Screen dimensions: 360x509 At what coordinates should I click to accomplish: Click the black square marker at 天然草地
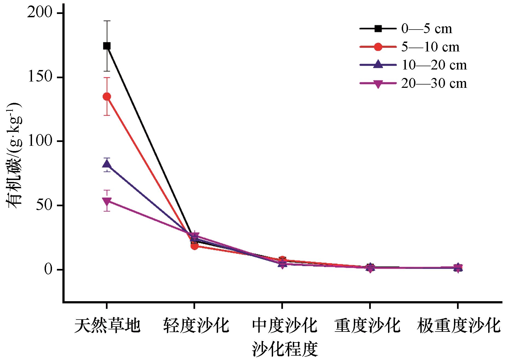(x=107, y=46)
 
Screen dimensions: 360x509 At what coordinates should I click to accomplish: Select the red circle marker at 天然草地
(x=107, y=97)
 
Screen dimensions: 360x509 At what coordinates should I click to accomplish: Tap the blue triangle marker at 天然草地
(x=107, y=164)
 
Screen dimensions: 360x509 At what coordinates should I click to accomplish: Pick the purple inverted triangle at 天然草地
(x=107, y=201)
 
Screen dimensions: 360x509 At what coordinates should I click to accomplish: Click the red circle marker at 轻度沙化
(x=194, y=246)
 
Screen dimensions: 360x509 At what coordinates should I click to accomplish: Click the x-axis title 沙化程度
(x=285, y=349)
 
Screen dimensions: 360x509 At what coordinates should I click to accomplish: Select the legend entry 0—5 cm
(x=426, y=29)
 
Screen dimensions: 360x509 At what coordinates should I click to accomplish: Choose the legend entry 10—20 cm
(x=434, y=65)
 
